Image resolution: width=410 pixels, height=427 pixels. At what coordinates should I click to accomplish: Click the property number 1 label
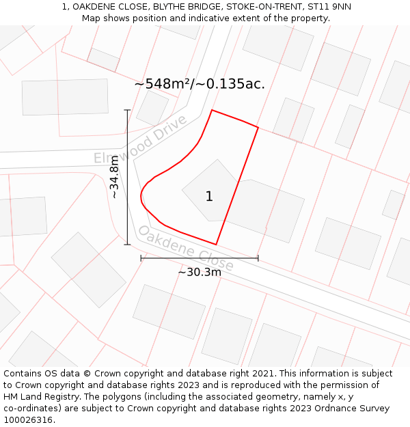pos(209,197)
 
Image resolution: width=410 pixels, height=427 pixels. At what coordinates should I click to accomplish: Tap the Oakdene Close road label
pos(186,247)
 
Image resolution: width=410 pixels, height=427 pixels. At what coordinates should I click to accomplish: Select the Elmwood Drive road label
pos(140,139)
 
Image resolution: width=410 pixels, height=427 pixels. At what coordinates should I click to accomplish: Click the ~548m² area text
pos(163,84)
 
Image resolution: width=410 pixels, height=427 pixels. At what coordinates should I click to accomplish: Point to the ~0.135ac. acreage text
pos(231,84)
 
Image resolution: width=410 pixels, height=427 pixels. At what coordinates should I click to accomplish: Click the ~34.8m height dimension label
pos(114,177)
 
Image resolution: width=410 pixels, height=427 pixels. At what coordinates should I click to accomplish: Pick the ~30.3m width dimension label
pos(200,272)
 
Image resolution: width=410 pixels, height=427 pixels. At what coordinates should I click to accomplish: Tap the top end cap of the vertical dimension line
pos(127,109)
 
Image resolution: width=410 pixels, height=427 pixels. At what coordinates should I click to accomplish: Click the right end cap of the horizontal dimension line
pos(258,258)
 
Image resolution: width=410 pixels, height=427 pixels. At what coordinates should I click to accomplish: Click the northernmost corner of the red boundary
pos(212,109)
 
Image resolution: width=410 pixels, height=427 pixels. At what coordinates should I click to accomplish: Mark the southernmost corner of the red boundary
pos(216,245)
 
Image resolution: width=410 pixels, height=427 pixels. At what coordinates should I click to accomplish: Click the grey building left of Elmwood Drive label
pos(65,97)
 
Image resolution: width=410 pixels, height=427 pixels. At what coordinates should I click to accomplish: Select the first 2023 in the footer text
pos(212,385)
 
